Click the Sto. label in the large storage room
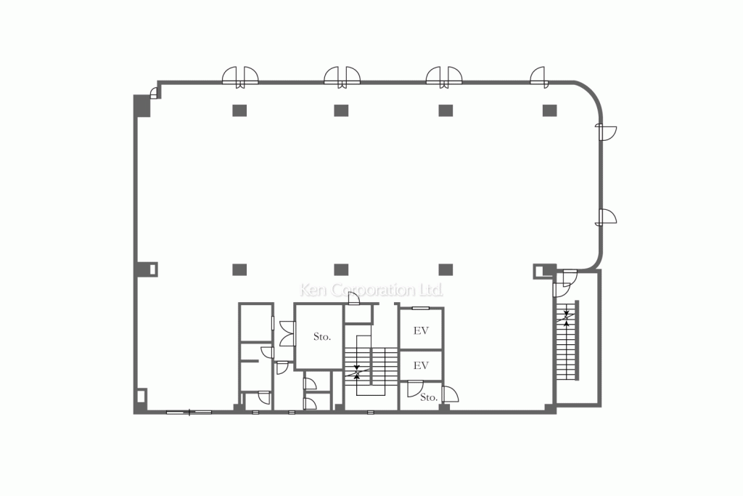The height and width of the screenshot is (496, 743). pyautogui.click(x=322, y=337)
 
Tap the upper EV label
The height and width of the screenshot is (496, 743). pyautogui.click(x=421, y=330)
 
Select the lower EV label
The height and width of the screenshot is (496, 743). pyautogui.click(x=421, y=365)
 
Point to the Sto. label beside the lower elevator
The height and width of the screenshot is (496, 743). pyautogui.click(x=428, y=397)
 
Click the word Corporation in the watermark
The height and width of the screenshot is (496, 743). pyautogui.click(x=371, y=290)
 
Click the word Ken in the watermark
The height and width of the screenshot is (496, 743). pyautogui.click(x=314, y=290)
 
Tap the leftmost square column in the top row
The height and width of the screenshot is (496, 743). pyautogui.click(x=239, y=110)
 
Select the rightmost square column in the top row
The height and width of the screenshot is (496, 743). pyautogui.click(x=550, y=110)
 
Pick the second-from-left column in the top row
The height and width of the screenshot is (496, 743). pyautogui.click(x=342, y=110)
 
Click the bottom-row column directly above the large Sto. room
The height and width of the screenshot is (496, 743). pyautogui.click(x=342, y=269)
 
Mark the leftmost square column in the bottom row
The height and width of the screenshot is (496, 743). pyautogui.click(x=239, y=269)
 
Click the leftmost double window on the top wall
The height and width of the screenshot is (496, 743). pyautogui.click(x=240, y=76)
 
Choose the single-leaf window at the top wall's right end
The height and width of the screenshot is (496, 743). pyautogui.click(x=538, y=76)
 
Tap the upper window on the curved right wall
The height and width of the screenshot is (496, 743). pyautogui.click(x=606, y=131)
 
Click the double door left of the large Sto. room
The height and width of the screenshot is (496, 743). pyautogui.click(x=286, y=333)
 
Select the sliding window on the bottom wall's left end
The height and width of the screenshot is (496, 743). pyautogui.click(x=189, y=412)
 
